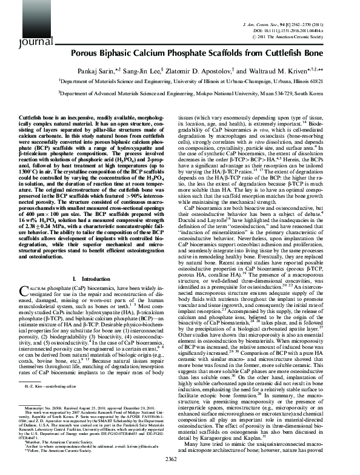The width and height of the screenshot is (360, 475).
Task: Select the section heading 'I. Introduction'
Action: coord(92,278)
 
